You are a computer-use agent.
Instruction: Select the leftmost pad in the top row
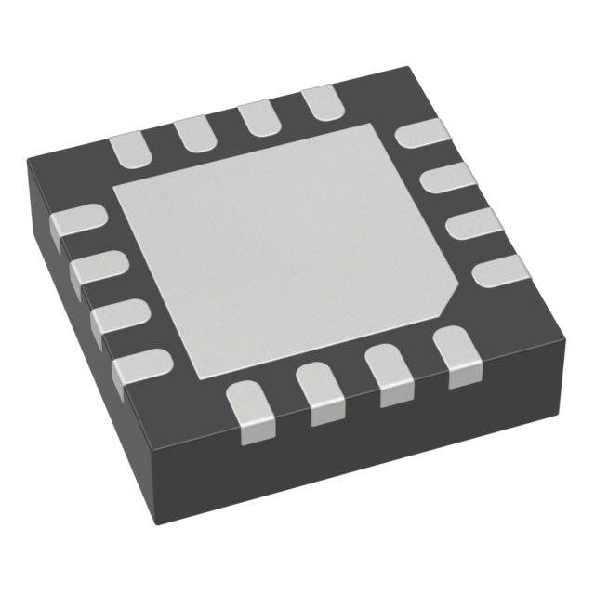pos(132,150)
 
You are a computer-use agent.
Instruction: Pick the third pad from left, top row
pos(256,119)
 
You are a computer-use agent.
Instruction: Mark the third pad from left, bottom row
pos(390,373)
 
